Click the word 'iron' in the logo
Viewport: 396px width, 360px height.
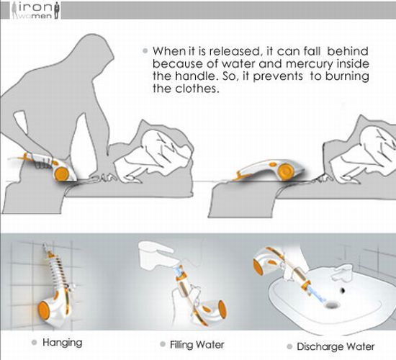coord(36,6)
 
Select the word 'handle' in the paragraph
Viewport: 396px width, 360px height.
coord(194,76)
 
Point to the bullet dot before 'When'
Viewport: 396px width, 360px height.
coord(145,51)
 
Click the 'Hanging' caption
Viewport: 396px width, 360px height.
coord(63,343)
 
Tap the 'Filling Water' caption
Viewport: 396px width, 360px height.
coord(197,345)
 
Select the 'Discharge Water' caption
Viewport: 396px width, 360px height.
coord(336,346)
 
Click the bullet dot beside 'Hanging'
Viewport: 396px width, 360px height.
coord(35,343)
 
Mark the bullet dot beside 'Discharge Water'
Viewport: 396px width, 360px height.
coord(289,346)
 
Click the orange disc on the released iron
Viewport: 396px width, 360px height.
coord(285,171)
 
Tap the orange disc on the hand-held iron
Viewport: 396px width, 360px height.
coord(62,174)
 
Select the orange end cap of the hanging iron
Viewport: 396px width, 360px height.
coord(44,310)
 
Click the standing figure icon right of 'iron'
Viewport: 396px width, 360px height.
coord(57,10)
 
